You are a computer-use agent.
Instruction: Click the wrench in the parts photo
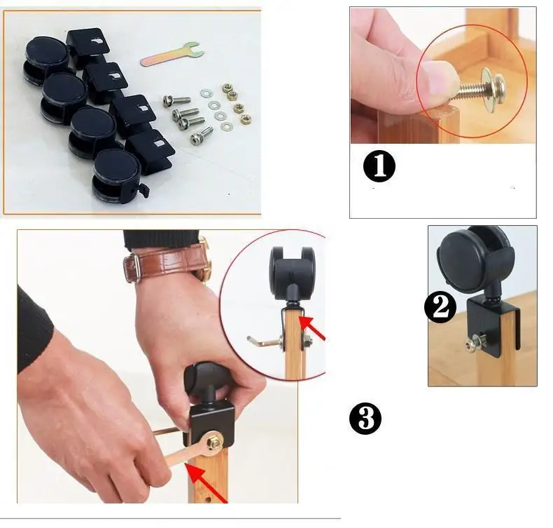[x=173, y=55]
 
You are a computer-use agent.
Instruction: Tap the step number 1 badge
[x=379, y=166]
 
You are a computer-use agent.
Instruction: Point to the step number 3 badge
[x=365, y=418]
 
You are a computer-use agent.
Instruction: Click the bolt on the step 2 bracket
[x=475, y=341]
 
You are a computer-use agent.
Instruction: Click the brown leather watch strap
[x=166, y=263]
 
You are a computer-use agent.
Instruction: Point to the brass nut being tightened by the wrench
[x=214, y=442]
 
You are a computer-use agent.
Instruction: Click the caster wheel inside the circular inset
[x=292, y=273]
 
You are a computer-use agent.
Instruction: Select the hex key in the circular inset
[x=265, y=342]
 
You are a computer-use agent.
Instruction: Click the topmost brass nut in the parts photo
[x=227, y=88]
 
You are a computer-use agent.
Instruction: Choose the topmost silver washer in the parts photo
[x=206, y=93]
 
